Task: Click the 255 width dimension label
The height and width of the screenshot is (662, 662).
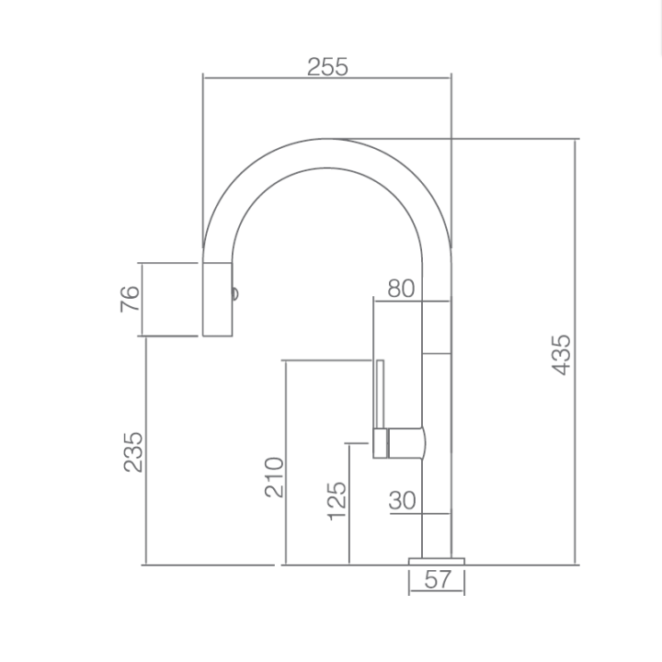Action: coord(327,67)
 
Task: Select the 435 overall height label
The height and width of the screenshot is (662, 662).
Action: coord(562,355)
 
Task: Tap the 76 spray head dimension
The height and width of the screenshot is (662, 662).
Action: coord(130,299)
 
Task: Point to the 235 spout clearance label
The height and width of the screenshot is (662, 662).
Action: coord(133,451)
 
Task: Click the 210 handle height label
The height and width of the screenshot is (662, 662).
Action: coord(274,477)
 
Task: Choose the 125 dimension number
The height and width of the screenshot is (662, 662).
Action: coord(337,501)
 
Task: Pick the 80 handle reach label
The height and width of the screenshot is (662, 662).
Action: coord(401,289)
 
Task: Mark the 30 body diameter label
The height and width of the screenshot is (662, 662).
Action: coord(402,500)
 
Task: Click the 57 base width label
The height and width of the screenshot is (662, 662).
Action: coord(438,579)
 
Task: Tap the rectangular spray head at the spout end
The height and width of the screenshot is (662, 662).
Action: coord(217,300)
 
